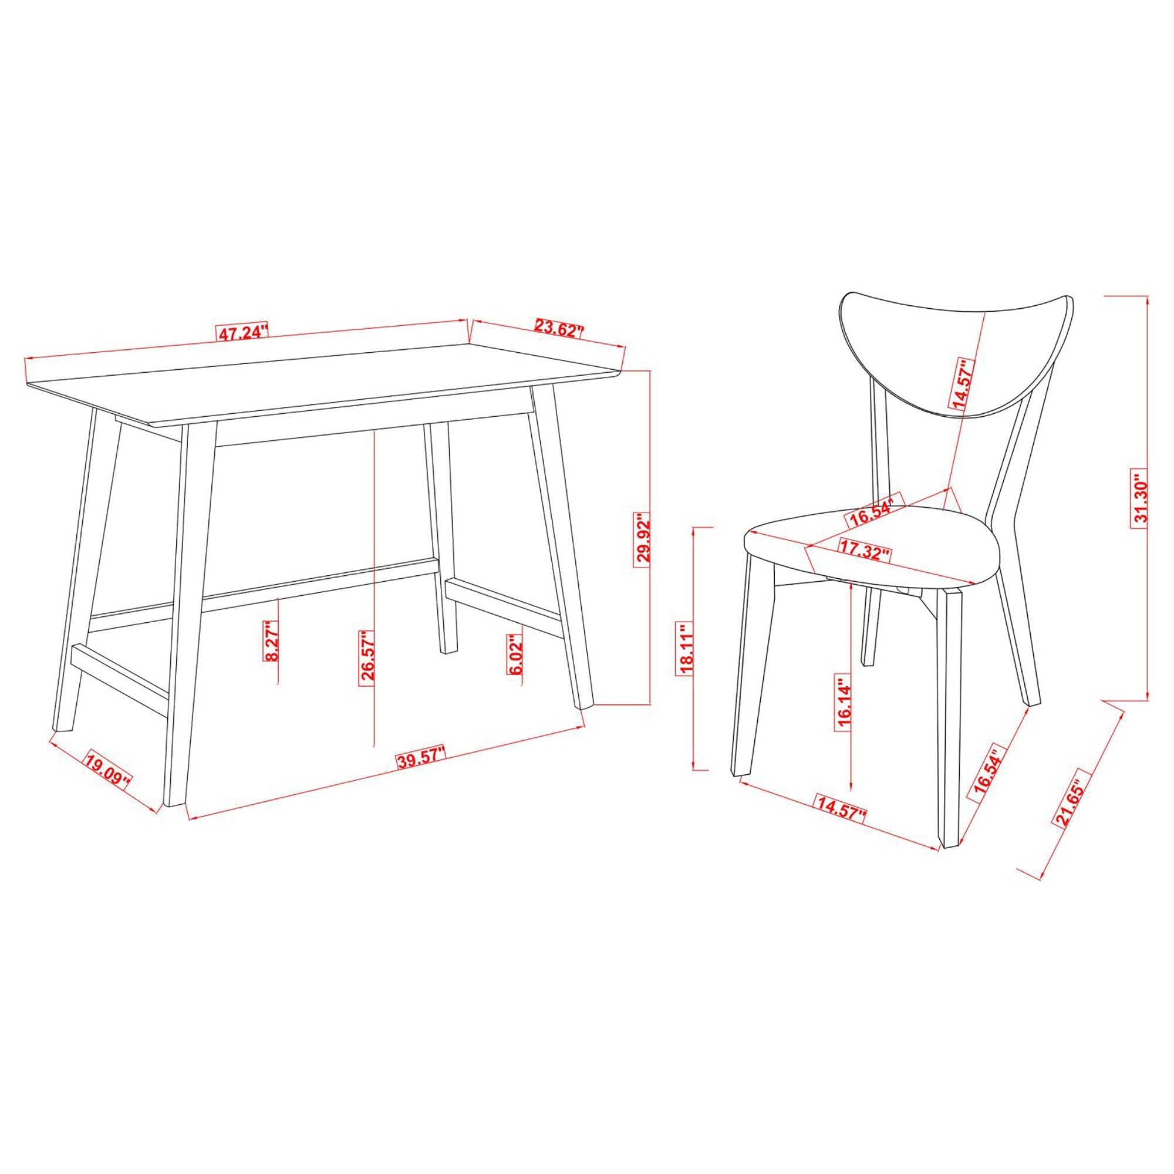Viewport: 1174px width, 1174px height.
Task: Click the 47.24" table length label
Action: pyautogui.click(x=242, y=333)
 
